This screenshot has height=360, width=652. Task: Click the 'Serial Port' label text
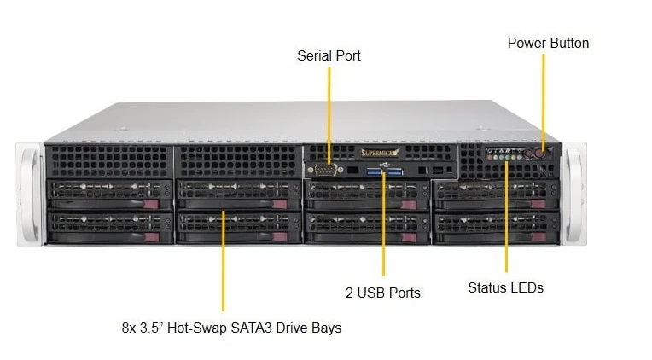329,55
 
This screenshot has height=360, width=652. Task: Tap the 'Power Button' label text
548,43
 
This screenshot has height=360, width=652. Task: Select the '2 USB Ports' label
383,293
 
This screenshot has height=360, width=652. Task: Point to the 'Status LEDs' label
505,287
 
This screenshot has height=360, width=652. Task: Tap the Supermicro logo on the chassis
380,153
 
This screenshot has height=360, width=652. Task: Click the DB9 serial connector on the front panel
325,170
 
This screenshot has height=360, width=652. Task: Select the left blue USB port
375,171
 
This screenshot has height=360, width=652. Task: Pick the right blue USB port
394,171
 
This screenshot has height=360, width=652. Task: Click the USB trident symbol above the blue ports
384,165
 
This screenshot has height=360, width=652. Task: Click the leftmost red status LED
490,158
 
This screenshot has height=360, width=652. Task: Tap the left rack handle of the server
30,195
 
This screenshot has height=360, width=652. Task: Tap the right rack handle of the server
574,194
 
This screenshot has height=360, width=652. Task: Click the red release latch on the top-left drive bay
151,204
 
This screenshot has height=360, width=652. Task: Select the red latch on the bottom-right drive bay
538,237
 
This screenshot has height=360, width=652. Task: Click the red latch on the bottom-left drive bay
151,237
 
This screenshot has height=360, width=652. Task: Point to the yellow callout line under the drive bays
224,261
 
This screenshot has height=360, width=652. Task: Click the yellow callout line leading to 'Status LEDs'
506,217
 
